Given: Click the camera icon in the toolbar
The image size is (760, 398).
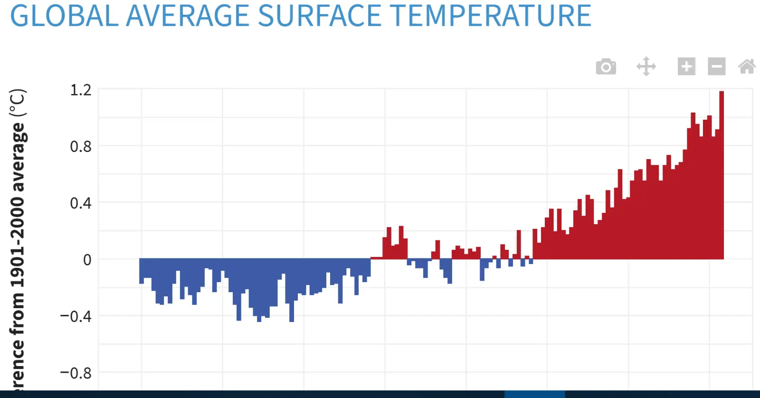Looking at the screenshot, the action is pyautogui.click(x=606, y=66).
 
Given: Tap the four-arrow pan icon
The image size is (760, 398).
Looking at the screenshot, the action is pyautogui.click(x=646, y=66).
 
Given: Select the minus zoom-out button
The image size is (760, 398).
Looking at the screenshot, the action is pyautogui.click(x=717, y=66).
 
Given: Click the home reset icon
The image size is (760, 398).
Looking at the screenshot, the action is pyautogui.click(x=748, y=66).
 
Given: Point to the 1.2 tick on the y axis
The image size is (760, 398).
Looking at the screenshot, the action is pyautogui.click(x=81, y=90).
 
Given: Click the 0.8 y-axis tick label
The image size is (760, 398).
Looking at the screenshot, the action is pyautogui.click(x=81, y=147).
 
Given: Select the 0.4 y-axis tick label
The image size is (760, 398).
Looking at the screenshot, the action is pyautogui.click(x=81, y=203).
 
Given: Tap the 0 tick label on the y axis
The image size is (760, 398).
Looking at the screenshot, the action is pyautogui.click(x=87, y=260).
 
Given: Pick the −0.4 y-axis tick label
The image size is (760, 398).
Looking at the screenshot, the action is pyautogui.click(x=76, y=317).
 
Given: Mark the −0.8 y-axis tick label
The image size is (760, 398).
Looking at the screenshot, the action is pyautogui.click(x=76, y=373).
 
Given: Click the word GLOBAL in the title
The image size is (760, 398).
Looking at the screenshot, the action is pyautogui.click(x=65, y=16).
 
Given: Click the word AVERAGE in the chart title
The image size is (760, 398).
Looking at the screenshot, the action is pyautogui.click(x=188, y=16).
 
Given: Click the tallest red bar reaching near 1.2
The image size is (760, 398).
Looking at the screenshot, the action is pyautogui.click(x=722, y=175).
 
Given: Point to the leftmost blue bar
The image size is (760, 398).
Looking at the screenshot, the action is pyautogui.click(x=142, y=271).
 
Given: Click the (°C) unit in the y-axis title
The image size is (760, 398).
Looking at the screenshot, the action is pyautogui.click(x=18, y=103).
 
